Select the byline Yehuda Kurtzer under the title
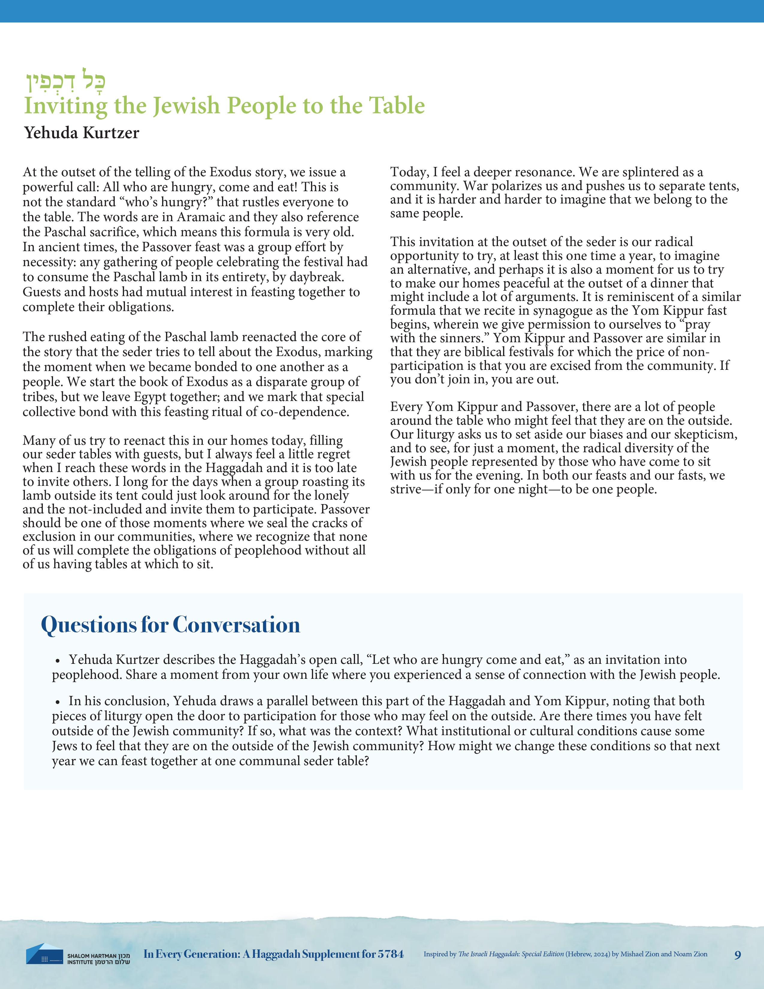81,133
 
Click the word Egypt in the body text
152,397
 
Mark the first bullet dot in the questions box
58,661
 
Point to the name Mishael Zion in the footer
640,954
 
